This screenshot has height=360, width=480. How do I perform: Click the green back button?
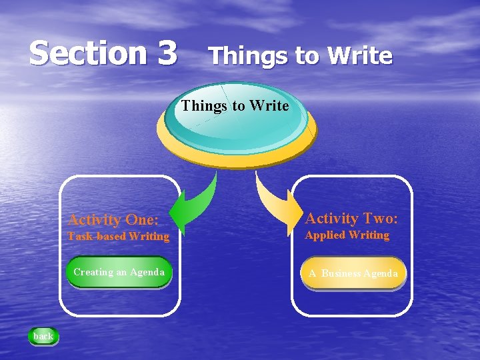pos(43,336)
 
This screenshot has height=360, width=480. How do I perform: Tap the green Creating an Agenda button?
pos(119,273)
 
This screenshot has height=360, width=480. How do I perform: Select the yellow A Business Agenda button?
pos(353,274)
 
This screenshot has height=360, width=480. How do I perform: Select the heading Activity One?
pos(114,219)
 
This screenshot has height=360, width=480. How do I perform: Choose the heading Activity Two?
pos(351,218)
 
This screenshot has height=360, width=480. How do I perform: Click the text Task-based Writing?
pos(118,236)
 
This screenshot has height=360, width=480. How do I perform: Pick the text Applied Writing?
pos(347,235)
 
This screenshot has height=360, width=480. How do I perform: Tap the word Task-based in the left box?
pos(97,236)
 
